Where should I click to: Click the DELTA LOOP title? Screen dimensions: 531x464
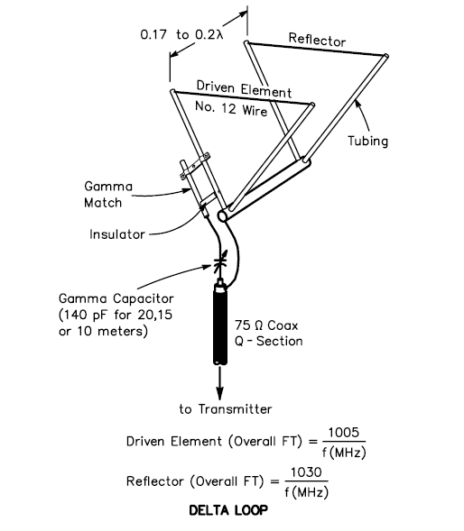(230, 510)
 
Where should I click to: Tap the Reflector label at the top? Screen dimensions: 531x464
(317, 40)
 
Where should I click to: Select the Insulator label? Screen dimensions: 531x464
(118, 233)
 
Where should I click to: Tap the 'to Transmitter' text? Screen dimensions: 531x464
(225, 409)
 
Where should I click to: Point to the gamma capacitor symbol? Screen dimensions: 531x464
(219, 264)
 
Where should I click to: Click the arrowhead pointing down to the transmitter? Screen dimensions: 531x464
(219, 390)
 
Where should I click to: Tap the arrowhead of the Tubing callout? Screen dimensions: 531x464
(355, 104)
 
